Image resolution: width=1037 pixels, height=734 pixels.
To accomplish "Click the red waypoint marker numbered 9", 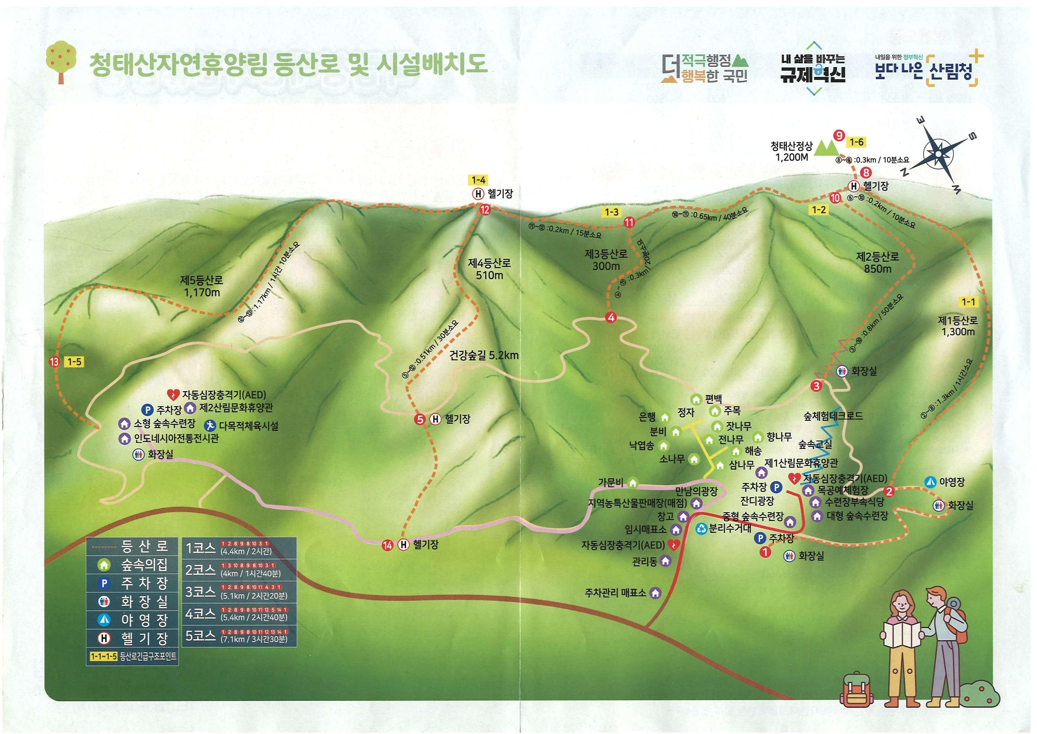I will pyautogui.click(x=839, y=135).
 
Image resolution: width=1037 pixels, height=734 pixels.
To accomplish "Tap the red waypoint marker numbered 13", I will pyautogui.click(x=55, y=362).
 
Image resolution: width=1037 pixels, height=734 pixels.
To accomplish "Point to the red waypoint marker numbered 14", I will pyautogui.click(x=387, y=545).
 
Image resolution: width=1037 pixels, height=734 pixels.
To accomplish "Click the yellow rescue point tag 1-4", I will pyautogui.click(x=478, y=180).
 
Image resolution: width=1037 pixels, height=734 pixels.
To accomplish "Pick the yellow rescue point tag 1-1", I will pyautogui.click(x=968, y=302).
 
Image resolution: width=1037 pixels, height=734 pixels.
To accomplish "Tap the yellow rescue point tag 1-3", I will pyautogui.click(x=611, y=212).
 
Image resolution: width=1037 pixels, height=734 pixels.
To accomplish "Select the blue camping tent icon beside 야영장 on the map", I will pyautogui.click(x=930, y=482).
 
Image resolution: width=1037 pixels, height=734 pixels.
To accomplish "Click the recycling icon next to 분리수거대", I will pyautogui.click(x=701, y=528).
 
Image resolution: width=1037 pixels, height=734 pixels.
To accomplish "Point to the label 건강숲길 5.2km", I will pyautogui.click(x=484, y=355).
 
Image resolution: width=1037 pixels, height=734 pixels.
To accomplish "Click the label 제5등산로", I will pyautogui.click(x=202, y=281).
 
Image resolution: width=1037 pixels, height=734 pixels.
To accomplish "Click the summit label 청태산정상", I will pyautogui.click(x=791, y=146).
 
